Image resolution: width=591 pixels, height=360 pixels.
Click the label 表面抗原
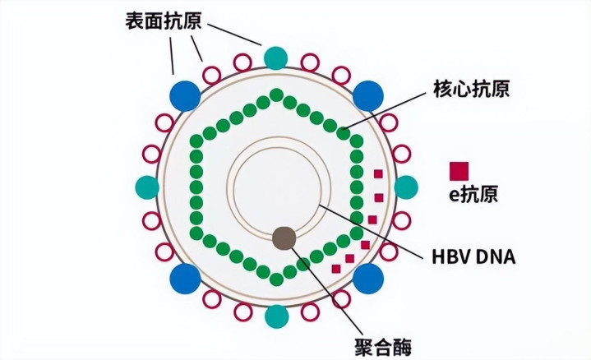coord(164,21)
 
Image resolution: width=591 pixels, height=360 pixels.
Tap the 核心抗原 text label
coord(471,90)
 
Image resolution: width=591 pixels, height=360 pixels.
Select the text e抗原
coord(473,194)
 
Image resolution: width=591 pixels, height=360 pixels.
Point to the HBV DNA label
coord(473,256)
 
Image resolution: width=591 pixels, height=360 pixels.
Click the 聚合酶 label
coord(383,346)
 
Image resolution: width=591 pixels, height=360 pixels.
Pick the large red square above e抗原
coord(459,171)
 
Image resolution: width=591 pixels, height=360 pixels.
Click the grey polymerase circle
coord(284,238)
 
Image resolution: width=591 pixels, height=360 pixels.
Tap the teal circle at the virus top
coord(276,58)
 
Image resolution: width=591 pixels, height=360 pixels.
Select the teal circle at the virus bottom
coord(277,316)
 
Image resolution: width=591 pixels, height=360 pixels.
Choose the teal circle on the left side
coord(147,187)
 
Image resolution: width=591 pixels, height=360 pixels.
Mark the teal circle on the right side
coord(406,187)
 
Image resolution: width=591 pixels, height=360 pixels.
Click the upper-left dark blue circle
coord(185,95)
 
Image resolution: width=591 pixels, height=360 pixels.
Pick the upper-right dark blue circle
coord(368,95)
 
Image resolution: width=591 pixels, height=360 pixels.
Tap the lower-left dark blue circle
coord(185,279)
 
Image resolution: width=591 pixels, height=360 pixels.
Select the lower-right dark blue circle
coord(368,279)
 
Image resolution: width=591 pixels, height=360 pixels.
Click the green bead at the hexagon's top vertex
coord(277,95)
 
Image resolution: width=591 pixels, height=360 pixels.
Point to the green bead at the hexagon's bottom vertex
coord(277,279)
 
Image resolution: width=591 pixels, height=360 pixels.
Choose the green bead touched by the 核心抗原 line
coord(343,133)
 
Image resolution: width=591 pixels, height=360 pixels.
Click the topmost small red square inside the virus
coord(378,173)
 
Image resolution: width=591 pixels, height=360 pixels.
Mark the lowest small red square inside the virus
coord(336,269)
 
